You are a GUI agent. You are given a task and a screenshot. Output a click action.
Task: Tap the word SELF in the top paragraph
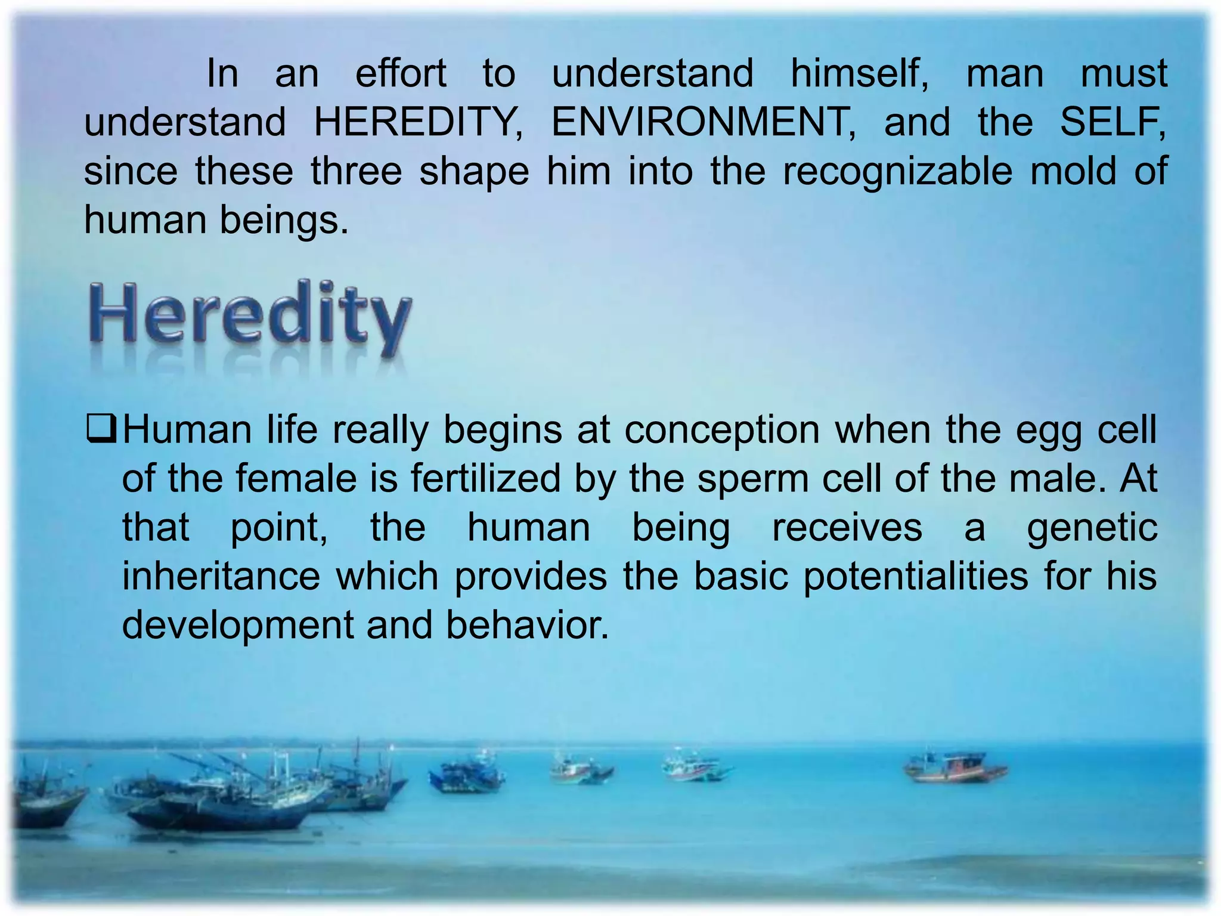pyautogui.click(x=1112, y=122)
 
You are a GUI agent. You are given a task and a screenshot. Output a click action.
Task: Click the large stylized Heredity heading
pyautogui.click(x=250, y=315)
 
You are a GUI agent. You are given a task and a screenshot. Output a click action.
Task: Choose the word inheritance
pyautogui.click(x=221, y=577)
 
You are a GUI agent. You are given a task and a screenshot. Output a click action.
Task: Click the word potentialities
pyautogui.click(x=916, y=577)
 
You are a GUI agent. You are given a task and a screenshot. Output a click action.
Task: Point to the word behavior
pyautogui.click(x=527, y=626)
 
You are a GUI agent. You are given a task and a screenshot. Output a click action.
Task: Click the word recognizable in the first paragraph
pyautogui.click(x=897, y=172)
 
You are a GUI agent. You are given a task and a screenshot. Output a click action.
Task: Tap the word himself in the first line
pyautogui.click(x=859, y=74)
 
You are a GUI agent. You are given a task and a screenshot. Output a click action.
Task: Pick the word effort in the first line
pyautogui.click(x=401, y=74)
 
